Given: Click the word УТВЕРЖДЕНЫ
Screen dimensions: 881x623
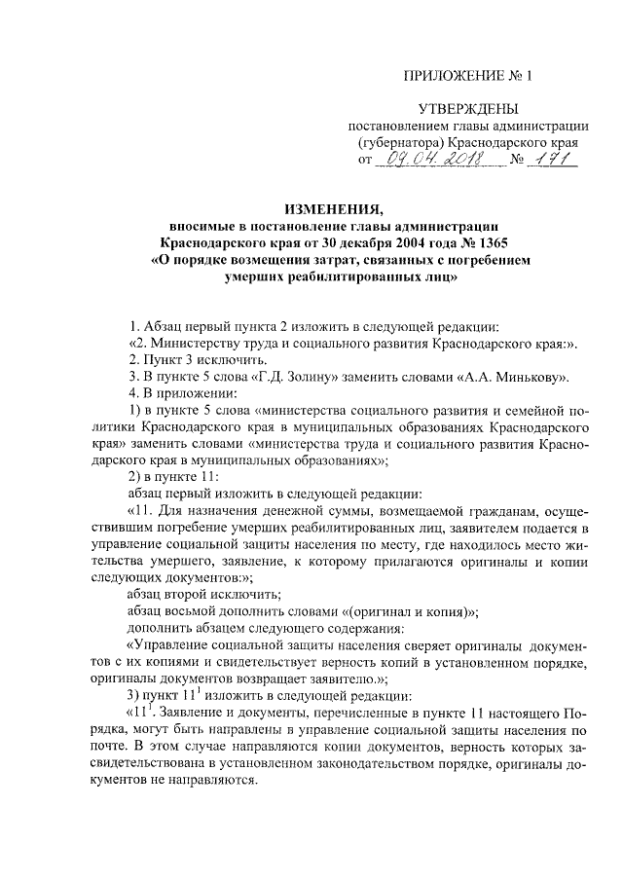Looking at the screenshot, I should [x=468, y=109].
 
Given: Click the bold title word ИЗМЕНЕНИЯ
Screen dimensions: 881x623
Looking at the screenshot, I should [x=335, y=207].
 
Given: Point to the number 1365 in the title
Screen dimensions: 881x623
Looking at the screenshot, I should [x=492, y=242].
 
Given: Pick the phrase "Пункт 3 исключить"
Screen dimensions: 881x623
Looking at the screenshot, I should [x=186, y=359].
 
